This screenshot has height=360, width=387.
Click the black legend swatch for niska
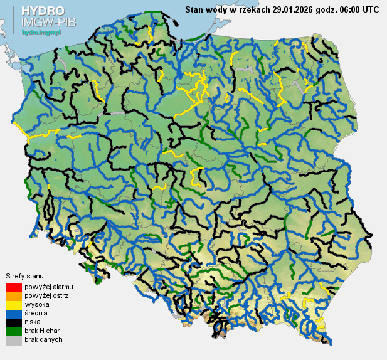pos(13,322)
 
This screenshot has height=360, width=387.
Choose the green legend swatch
pos(13,331)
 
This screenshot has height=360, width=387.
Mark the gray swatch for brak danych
pos(13,340)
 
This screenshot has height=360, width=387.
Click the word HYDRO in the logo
pos(43,11)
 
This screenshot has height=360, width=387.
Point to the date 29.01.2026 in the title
pos(297,9)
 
